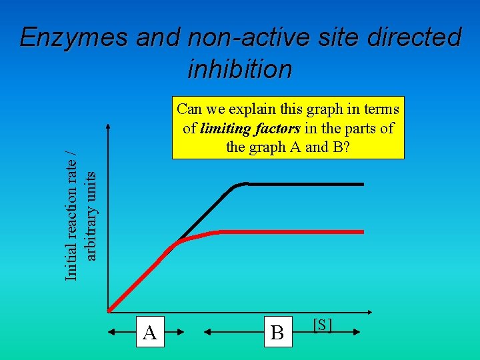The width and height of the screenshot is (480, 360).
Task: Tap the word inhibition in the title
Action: point(240,69)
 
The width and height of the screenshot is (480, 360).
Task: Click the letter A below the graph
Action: point(150,332)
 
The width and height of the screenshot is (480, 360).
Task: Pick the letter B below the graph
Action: point(277,332)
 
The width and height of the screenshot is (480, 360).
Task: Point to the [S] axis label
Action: point(323,325)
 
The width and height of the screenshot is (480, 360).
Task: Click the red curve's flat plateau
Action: point(293,231)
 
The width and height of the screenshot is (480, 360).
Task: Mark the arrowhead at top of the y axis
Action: point(109,127)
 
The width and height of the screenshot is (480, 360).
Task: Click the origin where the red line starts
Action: point(109,310)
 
